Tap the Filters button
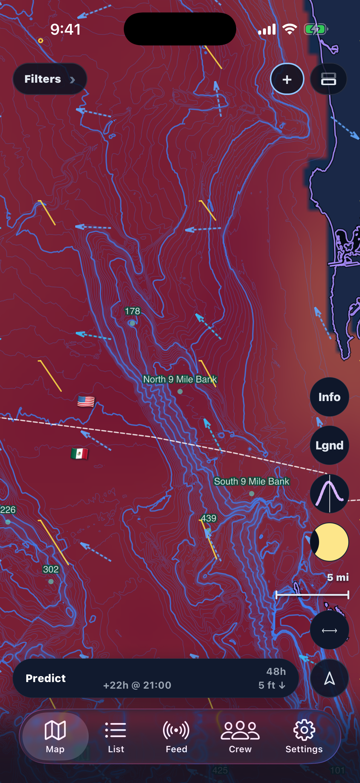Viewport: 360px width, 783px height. pos(50,79)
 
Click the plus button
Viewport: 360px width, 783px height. pos(287,79)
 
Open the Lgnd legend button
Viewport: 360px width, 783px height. pos(329,445)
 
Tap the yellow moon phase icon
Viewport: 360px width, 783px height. pos(329,542)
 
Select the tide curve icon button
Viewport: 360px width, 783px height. pos(329,494)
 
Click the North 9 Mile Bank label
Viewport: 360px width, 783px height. pos(180,379)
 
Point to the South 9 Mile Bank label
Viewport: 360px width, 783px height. pos(252,481)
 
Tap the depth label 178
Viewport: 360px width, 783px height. pos(133,311)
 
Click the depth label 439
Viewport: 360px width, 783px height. pos(209,518)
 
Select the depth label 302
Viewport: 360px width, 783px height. pos(51,569)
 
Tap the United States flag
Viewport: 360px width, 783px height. pos(86,402)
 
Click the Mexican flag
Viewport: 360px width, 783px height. pos(80,454)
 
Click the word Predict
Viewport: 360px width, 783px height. pos(46,678)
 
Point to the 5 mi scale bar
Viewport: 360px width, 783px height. pos(312,595)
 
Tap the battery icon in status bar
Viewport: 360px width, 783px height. pos(315,30)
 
